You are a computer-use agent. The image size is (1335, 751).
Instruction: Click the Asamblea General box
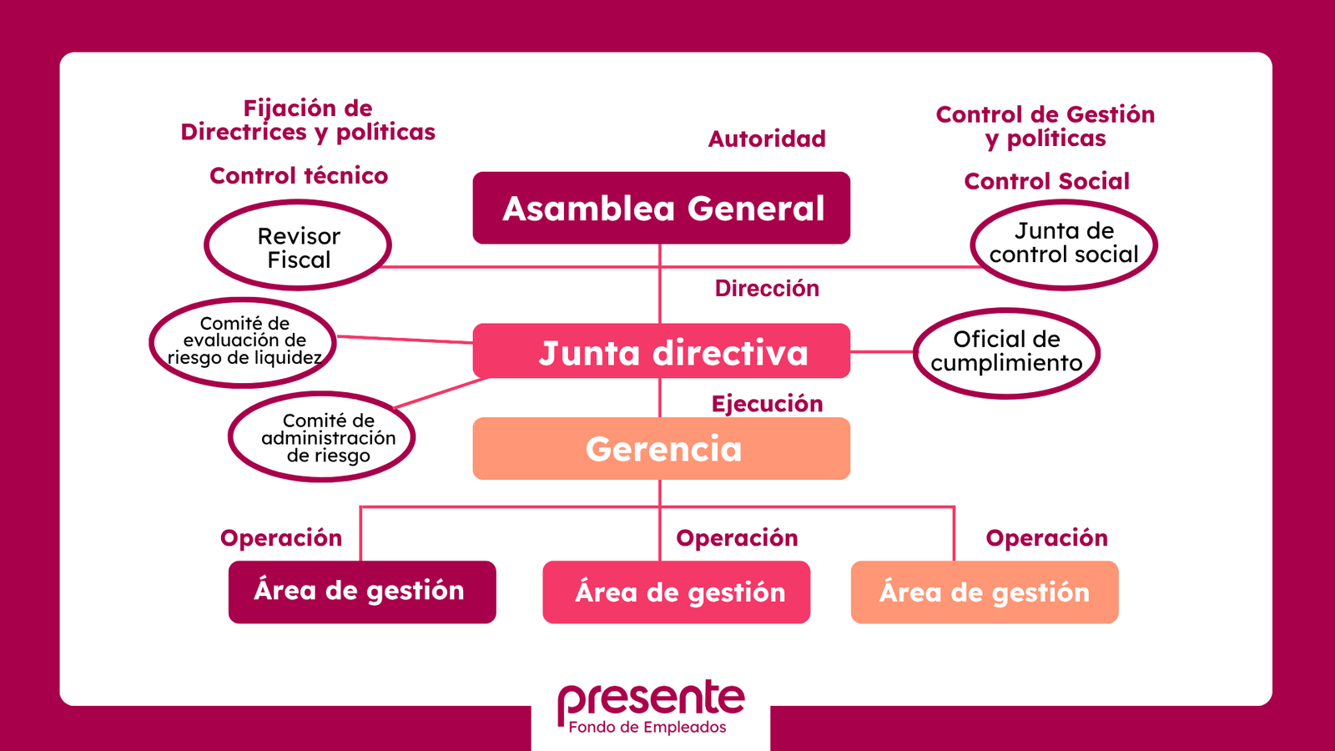click(x=661, y=208)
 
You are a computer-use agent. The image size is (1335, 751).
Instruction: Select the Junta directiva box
click(x=661, y=351)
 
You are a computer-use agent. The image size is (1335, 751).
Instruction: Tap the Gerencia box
click(x=661, y=449)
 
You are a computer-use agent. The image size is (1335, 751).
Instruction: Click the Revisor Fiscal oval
click(x=298, y=247)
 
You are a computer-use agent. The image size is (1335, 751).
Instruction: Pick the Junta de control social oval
click(x=1064, y=244)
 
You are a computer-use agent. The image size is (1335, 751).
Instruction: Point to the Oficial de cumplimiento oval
click(x=1006, y=352)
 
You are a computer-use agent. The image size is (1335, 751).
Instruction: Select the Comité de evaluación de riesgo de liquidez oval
click(x=243, y=341)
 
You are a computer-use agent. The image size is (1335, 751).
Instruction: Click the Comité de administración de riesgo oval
click(x=322, y=437)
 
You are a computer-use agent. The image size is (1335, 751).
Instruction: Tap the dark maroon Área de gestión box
click(x=362, y=592)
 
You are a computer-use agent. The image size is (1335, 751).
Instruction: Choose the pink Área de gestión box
click(x=676, y=592)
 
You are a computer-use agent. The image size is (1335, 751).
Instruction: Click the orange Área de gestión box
click(x=984, y=592)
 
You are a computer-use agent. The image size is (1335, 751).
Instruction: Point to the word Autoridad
click(x=767, y=139)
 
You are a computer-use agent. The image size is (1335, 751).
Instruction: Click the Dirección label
click(x=767, y=289)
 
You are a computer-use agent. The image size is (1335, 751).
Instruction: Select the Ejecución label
click(x=767, y=404)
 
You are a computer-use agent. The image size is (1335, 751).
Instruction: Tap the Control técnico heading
click(x=299, y=176)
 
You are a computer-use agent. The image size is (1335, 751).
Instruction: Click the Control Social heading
click(x=1046, y=181)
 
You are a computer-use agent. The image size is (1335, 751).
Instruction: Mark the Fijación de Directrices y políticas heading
click(x=308, y=120)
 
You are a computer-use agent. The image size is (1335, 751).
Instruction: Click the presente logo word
click(x=651, y=698)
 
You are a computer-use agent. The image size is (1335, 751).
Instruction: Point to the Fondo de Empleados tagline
click(x=647, y=728)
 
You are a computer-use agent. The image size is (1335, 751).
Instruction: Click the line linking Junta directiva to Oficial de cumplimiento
click(x=882, y=352)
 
